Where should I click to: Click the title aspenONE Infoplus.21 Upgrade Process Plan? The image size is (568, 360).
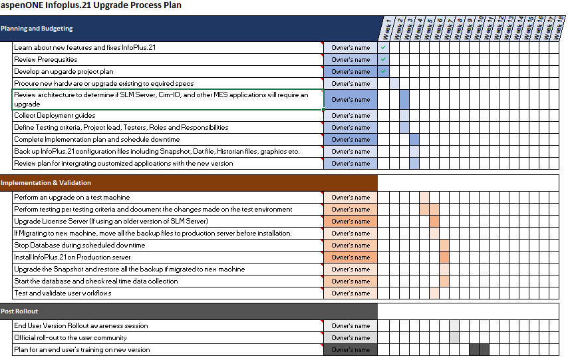91,5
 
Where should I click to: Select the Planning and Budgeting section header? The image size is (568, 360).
37,29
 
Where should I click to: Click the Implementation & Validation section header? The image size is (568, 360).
46,182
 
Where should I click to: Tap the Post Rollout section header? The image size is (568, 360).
20,311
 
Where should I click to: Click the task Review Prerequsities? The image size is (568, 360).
46,60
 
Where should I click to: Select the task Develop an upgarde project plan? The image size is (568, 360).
64,72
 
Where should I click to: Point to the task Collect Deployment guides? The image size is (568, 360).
55,116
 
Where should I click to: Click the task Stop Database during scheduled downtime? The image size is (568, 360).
79,246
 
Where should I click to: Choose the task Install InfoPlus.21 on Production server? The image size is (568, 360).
72,258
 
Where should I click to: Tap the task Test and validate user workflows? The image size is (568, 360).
63,293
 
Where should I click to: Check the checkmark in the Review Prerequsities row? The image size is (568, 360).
384,60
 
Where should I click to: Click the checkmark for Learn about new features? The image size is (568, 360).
384,48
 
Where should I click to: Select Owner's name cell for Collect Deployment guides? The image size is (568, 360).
351,116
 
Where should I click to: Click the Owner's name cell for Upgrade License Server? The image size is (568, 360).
351,222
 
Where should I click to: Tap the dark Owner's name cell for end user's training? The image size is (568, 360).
351,350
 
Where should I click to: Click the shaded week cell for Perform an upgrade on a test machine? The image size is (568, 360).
424,198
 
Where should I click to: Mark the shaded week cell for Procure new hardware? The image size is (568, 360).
394,84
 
